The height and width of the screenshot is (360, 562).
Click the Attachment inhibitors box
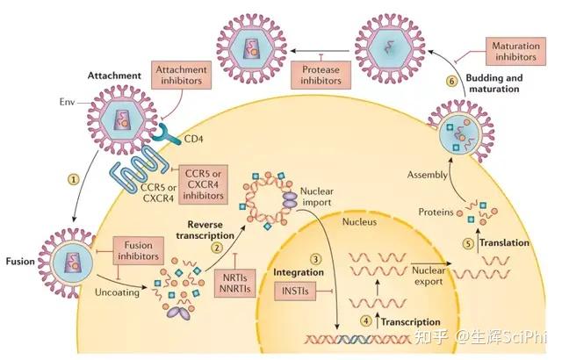pos(181,75)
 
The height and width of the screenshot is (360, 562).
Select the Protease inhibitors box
pos(321,75)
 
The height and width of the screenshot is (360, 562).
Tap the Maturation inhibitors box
pos(515,51)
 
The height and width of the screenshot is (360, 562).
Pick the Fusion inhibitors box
pos(139,251)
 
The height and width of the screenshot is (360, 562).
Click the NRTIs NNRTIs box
pos(235,283)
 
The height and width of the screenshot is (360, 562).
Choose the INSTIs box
pos(295,291)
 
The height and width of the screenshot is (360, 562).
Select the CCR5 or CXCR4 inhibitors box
pos(203,184)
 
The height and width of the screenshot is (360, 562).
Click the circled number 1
pos(74,179)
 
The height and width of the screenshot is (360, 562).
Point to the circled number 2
pos(217,248)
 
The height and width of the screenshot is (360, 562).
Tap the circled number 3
pos(315,259)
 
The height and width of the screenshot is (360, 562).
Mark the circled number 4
pos(366,320)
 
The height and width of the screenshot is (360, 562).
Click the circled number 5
pos(468,244)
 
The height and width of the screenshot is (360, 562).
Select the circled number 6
pos(451,82)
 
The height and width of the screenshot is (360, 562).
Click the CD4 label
pos(193,139)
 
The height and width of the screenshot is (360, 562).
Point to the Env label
pos(67,102)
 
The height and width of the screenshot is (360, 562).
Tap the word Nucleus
pos(359,222)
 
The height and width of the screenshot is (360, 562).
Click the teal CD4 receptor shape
pos(166,134)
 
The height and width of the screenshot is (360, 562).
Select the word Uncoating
pos(117,292)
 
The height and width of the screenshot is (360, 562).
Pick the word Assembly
pos(428,175)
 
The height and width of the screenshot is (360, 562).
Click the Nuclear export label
pos(429,276)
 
